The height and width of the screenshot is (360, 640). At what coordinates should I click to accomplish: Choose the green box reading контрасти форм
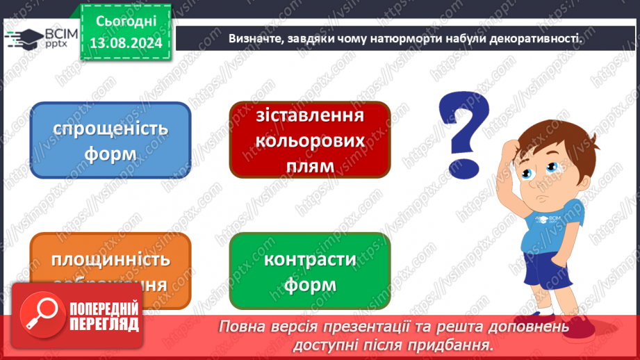[x=310, y=271]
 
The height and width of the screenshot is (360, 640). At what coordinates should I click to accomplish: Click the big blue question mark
[x=463, y=126]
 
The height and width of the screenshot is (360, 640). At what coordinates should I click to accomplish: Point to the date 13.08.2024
[x=126, y=43]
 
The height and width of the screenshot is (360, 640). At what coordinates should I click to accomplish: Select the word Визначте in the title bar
[x=254, y=38]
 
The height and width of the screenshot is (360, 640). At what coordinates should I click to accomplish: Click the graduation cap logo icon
[x=22, y=36]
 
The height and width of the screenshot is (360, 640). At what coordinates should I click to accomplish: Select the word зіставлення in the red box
[x=310, y=115]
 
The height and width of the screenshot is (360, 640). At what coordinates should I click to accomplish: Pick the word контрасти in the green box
[x=310, y=260]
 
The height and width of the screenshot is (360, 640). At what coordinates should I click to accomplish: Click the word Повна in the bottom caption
[x=243, y=326]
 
